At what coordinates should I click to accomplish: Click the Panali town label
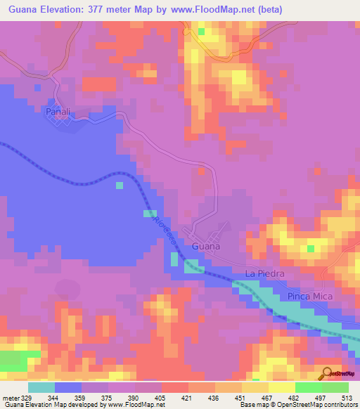59,111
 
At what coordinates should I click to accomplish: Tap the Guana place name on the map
205,247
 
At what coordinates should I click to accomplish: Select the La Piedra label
264,273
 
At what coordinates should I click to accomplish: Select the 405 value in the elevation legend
162,397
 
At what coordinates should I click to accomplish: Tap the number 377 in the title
113,11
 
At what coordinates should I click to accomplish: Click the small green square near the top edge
202,31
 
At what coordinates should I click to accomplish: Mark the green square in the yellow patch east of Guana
310,248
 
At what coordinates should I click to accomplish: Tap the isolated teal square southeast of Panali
120,186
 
